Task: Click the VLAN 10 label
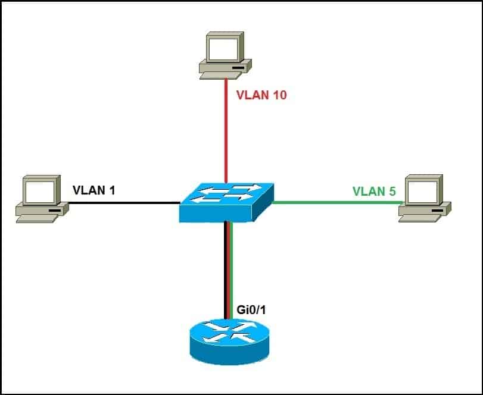pyautogui.click(x=261, y=95)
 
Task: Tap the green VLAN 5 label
pyautogui.click(x=374, y=191)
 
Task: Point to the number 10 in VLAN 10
pyautogui.click(x=278, y=95)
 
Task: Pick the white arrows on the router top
pyautogui.click(x=226, y=332)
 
